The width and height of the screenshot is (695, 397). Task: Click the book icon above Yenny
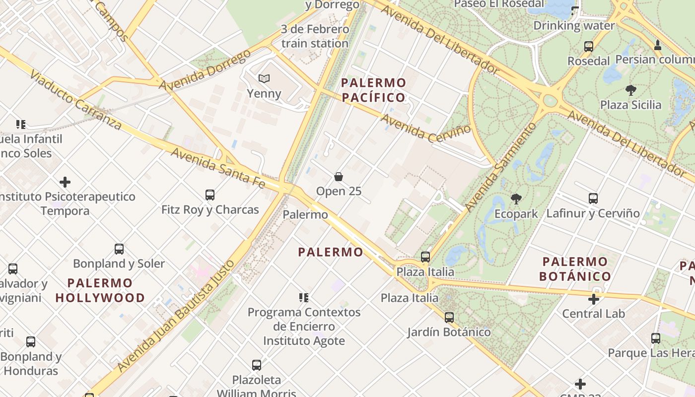(264, 78)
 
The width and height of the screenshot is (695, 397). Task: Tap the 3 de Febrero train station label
(315, 36)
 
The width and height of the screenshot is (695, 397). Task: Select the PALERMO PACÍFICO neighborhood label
(374, 90)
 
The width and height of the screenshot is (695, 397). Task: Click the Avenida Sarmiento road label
(501, 166)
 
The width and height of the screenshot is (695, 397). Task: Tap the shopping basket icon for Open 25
(339, 177)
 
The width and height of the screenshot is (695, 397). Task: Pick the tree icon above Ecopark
(516, 199)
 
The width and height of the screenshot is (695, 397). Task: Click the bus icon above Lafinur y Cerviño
(593, 198)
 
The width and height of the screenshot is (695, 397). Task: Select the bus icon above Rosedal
(589, 47)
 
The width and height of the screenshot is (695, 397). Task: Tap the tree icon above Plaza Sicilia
(630, 90)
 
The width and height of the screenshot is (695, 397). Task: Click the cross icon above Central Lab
(593, 299)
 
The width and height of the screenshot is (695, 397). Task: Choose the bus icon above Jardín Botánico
(449, 317)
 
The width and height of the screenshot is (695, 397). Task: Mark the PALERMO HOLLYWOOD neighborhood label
(100, 290)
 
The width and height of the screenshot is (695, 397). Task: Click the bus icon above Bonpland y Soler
(119, 249)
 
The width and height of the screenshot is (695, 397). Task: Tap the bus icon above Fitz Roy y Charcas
(210, 195)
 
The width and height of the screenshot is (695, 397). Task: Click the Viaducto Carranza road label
(74, 99)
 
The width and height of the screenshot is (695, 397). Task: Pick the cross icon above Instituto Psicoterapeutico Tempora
(65, 182)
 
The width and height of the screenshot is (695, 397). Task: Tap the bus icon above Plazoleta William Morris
(257, 365)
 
